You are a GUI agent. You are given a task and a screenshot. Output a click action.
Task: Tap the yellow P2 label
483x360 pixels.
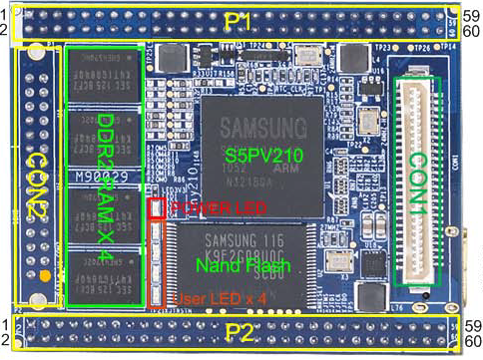click(240, 332)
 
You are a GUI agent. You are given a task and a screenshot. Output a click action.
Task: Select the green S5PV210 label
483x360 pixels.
click(262, 157)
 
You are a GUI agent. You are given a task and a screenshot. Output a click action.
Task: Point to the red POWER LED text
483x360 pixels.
click(210, 207)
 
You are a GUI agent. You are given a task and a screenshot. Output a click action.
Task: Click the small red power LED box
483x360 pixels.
click(157, 208)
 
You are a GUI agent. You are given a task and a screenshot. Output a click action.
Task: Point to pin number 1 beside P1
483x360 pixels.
click(6, 15)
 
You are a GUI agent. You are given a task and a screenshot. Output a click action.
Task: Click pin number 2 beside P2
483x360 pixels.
click(6, 340)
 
